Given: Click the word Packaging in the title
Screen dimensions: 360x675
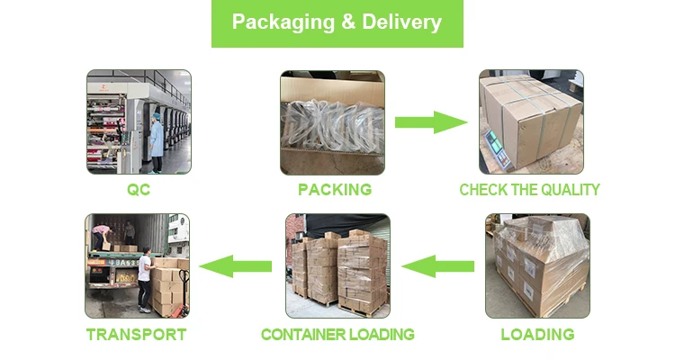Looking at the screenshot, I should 280,22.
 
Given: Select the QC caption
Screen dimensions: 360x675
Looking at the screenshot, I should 138,190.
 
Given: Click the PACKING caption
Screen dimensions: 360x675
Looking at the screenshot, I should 335,190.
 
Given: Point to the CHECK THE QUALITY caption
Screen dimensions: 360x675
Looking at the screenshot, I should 529,190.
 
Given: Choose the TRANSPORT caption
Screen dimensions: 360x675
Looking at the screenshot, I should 136,335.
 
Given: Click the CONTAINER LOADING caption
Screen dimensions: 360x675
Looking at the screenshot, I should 337,335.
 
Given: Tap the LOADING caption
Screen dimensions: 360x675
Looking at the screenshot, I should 537,335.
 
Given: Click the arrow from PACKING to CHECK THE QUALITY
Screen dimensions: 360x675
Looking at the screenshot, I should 431,122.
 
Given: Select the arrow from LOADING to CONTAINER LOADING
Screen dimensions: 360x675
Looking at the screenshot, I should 437,265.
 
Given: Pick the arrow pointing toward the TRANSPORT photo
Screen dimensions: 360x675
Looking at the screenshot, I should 236,265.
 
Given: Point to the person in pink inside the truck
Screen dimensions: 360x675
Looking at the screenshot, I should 101,237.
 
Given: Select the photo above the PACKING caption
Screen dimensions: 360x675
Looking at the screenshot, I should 332,122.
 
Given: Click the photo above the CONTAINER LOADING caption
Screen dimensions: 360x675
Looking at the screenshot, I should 337,265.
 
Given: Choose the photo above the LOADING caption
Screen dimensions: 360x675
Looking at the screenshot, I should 537,265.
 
